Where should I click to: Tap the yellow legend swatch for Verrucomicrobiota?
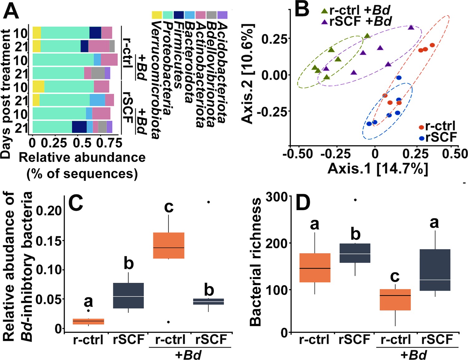(x=157, y=15)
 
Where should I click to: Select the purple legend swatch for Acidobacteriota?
(x=222, y=15)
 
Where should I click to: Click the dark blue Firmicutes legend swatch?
(x=179, y=15)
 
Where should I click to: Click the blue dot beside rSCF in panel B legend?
(x=422, y=138)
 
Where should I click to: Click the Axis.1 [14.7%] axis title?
(x=378, y=169)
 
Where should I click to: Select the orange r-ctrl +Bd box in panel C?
(x=169, y=245)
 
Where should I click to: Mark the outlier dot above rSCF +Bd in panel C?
(x=208, y=202)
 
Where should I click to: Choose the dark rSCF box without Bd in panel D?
(x=354, y=253)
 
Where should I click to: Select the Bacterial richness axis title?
(x=256, y=262)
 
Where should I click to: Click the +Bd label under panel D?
(x=413, y=355)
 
